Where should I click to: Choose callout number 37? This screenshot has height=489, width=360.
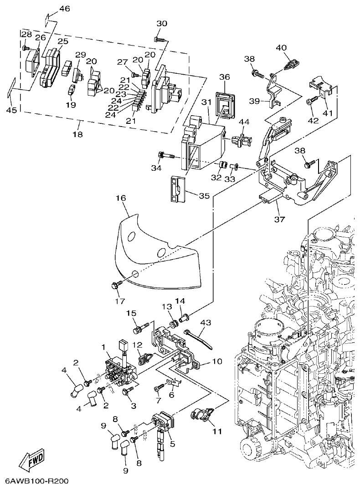279,219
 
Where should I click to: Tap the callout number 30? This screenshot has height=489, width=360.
162,23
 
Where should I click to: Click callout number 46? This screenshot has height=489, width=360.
65,9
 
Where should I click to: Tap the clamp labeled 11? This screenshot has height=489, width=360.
200,415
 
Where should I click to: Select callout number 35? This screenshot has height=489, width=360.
204,196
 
